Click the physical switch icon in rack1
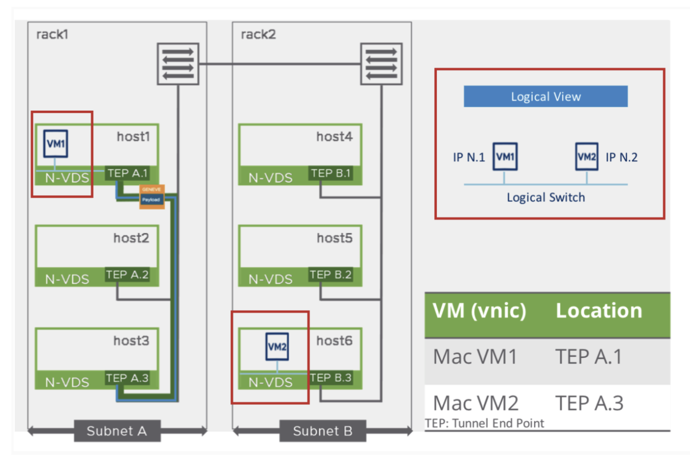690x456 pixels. pyautogui.click(x=178, y=64)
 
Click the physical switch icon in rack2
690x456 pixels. pyautogui.click(x=381, y=64)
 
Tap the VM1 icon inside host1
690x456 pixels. pyautogui.click(x=56, y=143)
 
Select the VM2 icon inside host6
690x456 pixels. pyautogui.click(x=277, y=346)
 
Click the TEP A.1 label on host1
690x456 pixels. pyautogui.click(x=128, y=173)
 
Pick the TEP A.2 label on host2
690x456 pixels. pyautogui.click(x=128, y=275)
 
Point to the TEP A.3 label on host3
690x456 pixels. pyautogui.click(x=128, y=378)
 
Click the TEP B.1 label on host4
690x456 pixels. pyautogui.click(x=331, y=173)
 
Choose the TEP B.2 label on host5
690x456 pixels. pyautogui.click(x=331, y=275)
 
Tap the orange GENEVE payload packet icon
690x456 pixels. pyautogui.click(x=152, y=196)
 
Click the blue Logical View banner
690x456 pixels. pyautogui.click(x=546, y=97)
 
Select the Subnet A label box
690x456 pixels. pyautogui.click(x=117, y=431)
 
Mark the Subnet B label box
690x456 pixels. pyautogui.click(x=322, y=431)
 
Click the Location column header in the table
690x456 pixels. pyautogui.click(x=599, y=311)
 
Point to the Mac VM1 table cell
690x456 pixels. pyautogui.click(x=475, y=357)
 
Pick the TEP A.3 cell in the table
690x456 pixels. pyautogui.click(x=589, y=403)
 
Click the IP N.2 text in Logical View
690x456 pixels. pyautogui.click(x=621, y=157)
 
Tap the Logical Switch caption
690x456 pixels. pyautogui.click(x=546, y=198)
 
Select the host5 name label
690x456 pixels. pyautogui.click(x=334, y=238)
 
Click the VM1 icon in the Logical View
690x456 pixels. pyautogui.click(x=505, y=157)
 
